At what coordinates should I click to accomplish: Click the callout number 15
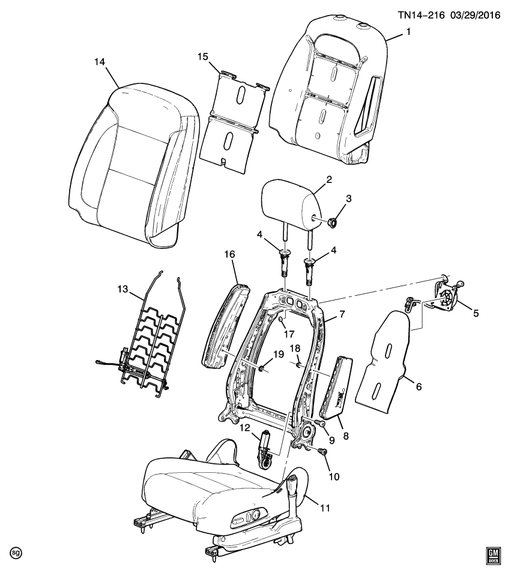coord(203,56)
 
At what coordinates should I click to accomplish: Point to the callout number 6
coord(419,387)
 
